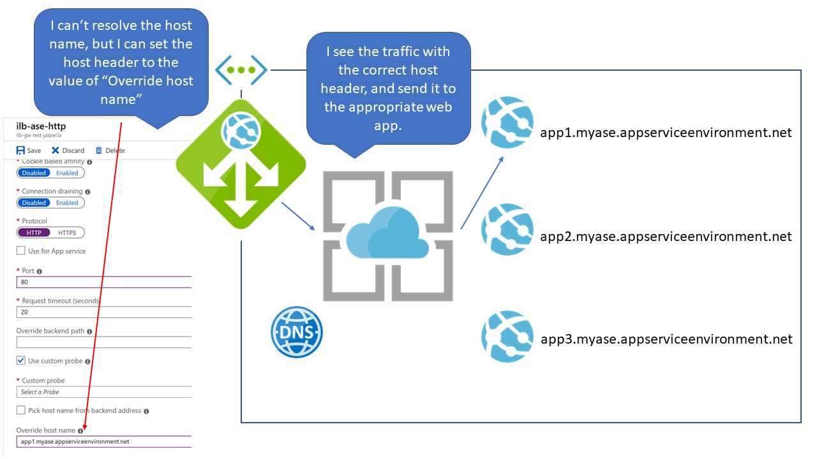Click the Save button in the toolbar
pyautogui.click(x=29, y=150)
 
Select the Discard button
pyautogui.click(x=68, y=150)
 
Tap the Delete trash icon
pyautogui.click(x=98, y=150)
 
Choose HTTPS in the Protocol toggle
pyautogui.click(x=67, y=233)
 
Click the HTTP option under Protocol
pyautogui.click(x=34, y=233)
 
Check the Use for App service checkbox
pyautogui.click(x=21, y=251)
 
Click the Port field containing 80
pyautogui.click(x=104, y=282)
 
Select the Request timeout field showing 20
pyautogui.click(x=104, y=312)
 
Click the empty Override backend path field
pyautogui.click(x=104, y=342)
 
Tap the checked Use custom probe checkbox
pyautogui.click(x=21, y=361)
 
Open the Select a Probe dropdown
pyautogui.click(x=104, y=392)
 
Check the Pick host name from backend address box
pyautogui.click(x=21, y=410)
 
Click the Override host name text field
pyautogui.click(x=104, y=442)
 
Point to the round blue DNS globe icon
pyautogui.click(x=297, y=332)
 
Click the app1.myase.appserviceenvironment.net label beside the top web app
pyautogui.click(x=666, y=133)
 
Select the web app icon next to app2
pyautogui.click(x=507, y=229)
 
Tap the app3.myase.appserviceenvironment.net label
pyautogui.click(x=666, y=339)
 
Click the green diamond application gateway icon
pyautogui.click(x=241, y=164)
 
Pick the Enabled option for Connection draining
pyautogui.click(x=67, y=203)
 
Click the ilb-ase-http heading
pyautogui.click(x=41, y=126)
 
